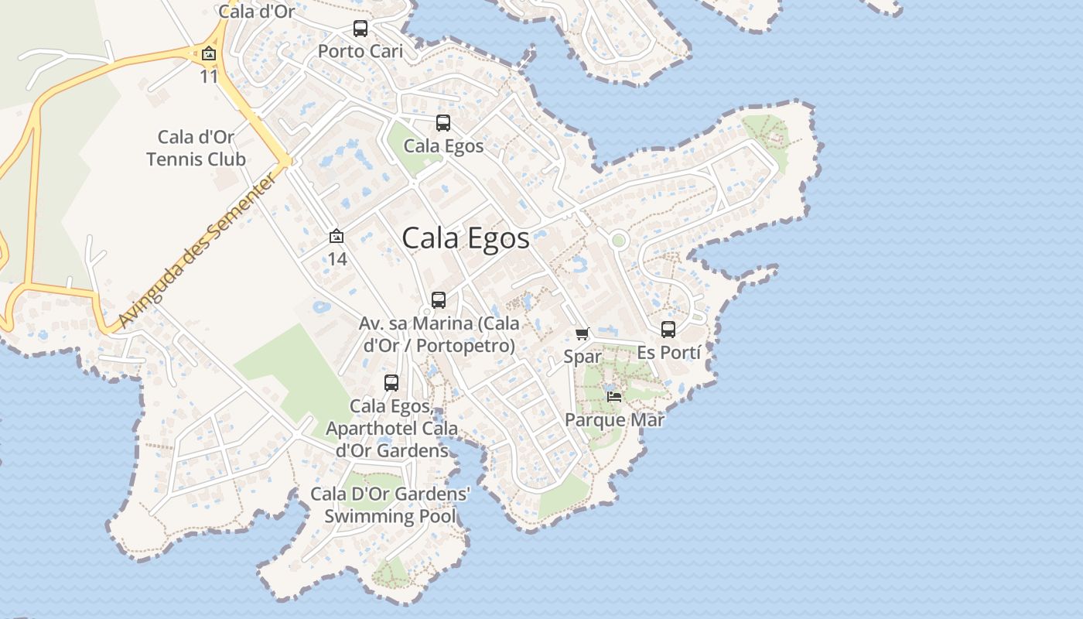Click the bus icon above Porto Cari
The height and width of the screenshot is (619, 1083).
pyautogui.click(x=360, y=29)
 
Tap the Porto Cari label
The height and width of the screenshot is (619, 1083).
pyautogui.click(x=360, y=52)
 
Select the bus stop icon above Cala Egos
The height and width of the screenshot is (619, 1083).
pyautogui.click(x=443, y=123)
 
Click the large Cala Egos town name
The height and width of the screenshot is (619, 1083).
pyautogui.click(x=466, y=238)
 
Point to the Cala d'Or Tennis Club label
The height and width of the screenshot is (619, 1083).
pyautogui.click(x=196, y=149)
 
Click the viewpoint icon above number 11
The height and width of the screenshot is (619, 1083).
pyautogui.click(x=208, y=54)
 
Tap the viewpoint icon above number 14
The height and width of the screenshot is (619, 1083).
pyautogui.click(x=337, y=237)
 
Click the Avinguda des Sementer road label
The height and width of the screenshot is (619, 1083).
pyautogui.click(x=199, y=251)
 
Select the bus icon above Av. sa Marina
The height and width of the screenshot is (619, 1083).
pyautogui.click(x=439, y=300)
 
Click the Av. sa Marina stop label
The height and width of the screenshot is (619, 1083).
pyautogui.click(x=439, y=334)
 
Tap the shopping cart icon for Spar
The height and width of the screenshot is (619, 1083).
pyautogui.click(x=582, y=334)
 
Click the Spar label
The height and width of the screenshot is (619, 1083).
pyautogui.click(x=582, y=357)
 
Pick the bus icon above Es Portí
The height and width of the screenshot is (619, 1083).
pyautogui.click(x=668, y=330)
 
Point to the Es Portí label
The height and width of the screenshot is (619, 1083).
pyautogui.click(x=668, y=353)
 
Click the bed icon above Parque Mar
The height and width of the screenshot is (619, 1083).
pyautogui.click(x=614, y=397)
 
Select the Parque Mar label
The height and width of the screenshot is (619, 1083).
pyautogui.click(x=614, y=420)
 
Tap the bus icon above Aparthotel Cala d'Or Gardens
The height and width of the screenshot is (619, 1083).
pyautogui.click(x=391, y=383)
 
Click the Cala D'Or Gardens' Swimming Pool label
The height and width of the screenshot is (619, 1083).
pyautogui.click(x=390, y=505)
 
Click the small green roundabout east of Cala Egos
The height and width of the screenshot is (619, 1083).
pyautogui.click(x=617, y=241)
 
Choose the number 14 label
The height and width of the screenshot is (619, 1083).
pyautogui.click(x=337, y=259)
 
